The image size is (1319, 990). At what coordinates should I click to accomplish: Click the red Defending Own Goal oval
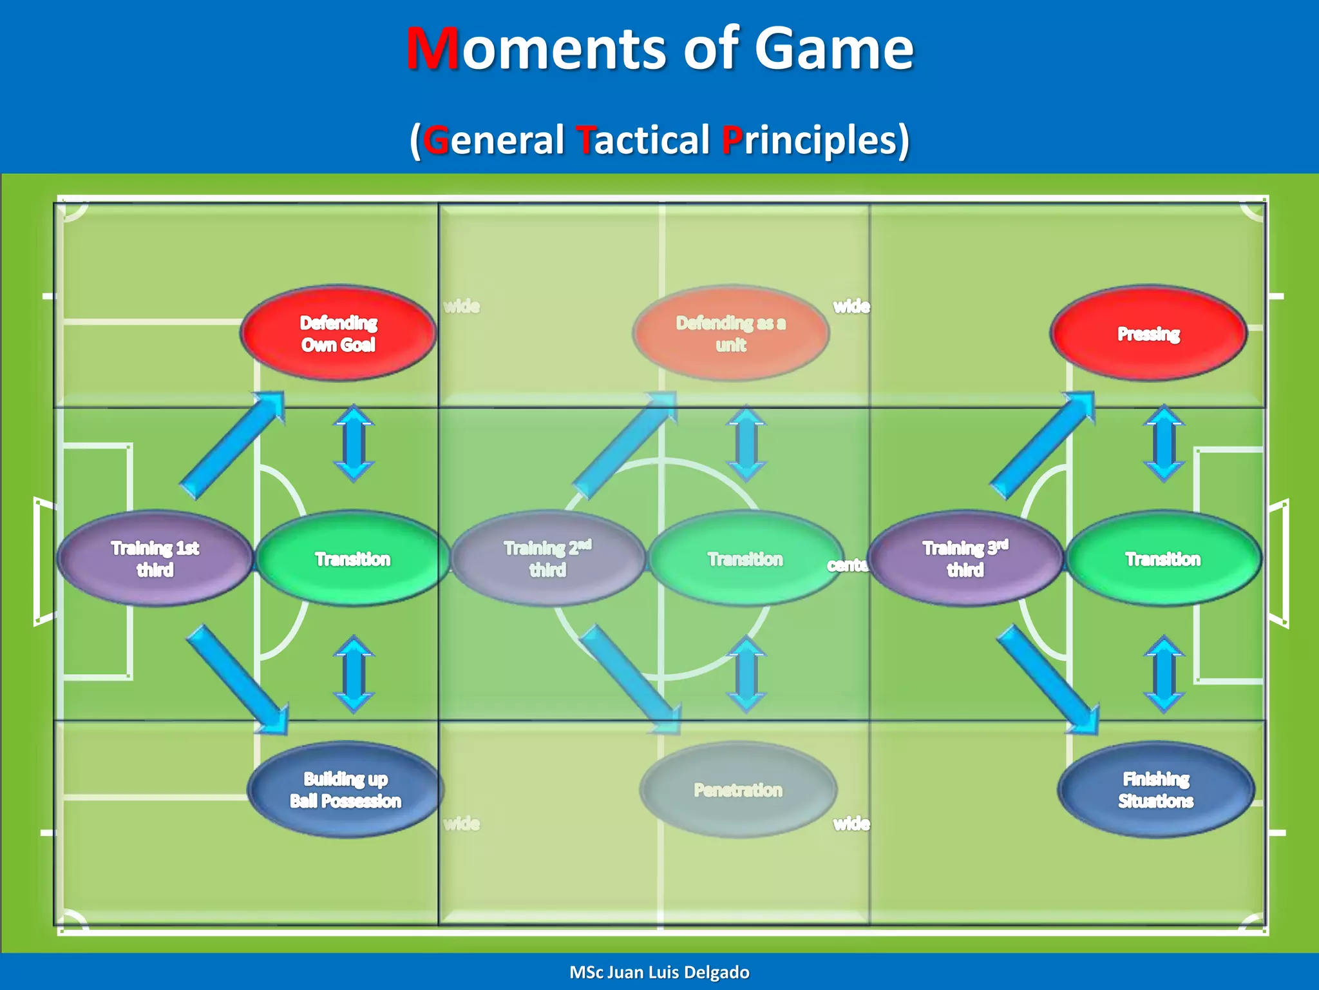[339, 333]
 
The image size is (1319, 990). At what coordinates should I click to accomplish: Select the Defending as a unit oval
[731, 333]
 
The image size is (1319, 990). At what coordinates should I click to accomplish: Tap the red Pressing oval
[1148, 333]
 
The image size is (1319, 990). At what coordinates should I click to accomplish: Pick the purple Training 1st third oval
[155, 558]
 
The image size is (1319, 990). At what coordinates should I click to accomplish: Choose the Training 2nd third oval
[547, 558]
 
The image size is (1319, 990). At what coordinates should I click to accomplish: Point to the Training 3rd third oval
[965, 558]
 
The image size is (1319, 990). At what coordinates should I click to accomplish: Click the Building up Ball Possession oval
[345, 790]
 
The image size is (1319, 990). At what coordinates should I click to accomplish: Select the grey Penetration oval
[738, 790]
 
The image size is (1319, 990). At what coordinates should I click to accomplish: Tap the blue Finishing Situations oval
[1155, 790]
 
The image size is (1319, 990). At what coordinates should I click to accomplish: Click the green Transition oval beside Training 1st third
[353, 558]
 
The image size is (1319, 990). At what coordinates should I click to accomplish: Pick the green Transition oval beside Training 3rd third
[1163, 558]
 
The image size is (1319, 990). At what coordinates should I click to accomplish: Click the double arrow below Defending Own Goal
[354, 443]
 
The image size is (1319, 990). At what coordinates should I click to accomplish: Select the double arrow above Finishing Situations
[1164, 674]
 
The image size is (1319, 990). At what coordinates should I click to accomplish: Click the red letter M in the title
[433, 49]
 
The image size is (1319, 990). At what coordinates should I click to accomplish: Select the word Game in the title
[833, 49]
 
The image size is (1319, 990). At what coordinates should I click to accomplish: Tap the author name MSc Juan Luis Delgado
[659, 972]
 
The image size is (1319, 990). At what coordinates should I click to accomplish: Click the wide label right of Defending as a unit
[851, 306]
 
